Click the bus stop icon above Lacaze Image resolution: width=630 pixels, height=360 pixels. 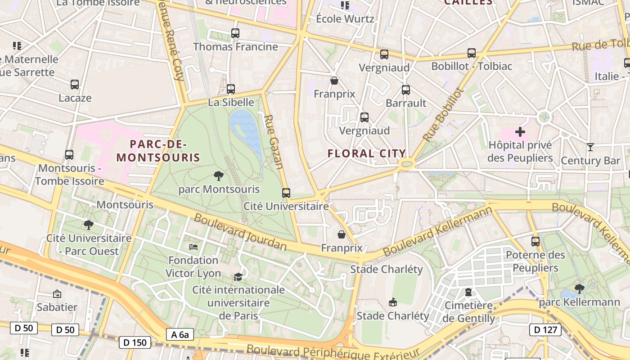(75, 84)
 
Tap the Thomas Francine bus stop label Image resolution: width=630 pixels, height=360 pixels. (235, 47)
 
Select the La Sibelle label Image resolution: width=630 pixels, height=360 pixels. (231, 102)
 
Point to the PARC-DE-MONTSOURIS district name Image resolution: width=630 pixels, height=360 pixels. (158, 151)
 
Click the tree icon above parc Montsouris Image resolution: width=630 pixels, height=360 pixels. (219, 175)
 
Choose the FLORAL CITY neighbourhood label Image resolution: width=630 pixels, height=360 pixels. (367, 153)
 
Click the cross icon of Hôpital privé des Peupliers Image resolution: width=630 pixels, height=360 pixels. (520, 132)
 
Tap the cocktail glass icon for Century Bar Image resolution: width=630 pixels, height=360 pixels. (590, 147)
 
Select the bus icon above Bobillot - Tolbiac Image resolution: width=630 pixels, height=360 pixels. (472, 53)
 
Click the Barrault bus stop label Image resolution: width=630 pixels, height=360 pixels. (406, 103)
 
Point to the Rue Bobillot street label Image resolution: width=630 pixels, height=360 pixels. (443, 114)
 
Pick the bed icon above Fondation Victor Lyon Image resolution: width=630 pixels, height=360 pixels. (193, 247)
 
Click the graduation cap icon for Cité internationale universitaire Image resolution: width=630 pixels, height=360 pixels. (238, 276)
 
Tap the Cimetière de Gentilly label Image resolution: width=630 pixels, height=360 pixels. (468, 312)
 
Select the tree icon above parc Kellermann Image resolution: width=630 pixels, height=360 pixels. (580, 288)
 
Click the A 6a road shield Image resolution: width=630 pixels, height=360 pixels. (180, 334)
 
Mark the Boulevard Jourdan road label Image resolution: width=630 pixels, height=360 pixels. (240, 232)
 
